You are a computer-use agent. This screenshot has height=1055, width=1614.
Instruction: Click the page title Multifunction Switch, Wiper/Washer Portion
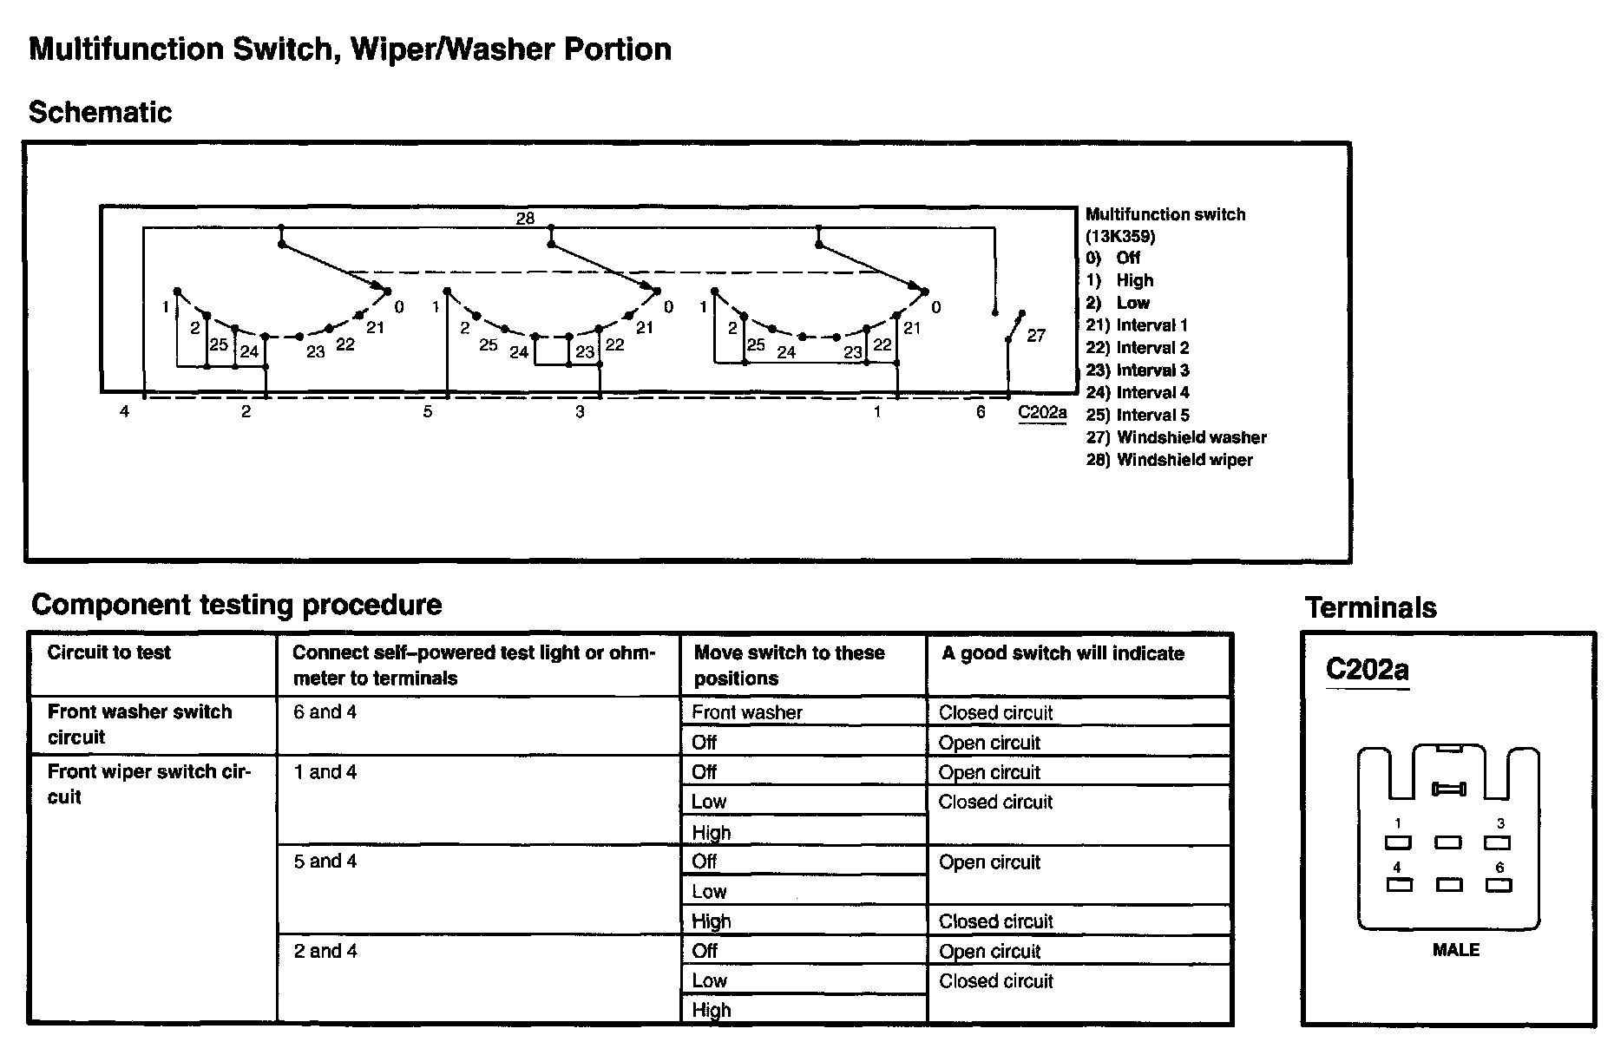[350, 49]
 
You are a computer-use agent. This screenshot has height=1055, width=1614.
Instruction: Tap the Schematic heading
[100, 112]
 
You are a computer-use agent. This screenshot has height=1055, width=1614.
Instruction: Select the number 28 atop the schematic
[525, 218]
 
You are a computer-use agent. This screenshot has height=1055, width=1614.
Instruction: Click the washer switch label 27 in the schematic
[1036, 335]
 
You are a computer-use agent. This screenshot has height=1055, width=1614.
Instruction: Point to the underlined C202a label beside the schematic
[1042, 412]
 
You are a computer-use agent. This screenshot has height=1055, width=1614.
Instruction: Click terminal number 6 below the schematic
[981, 412]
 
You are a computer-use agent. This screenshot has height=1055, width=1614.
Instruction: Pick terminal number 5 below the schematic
[428, 412]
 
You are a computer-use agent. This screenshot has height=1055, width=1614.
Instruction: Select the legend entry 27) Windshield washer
[1176, 437]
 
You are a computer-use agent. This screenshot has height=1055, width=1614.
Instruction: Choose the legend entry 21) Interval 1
[1137, 325]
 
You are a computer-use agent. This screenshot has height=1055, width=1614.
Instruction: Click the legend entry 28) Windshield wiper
[1169, 460]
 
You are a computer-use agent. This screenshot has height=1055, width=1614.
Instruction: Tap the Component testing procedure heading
[236, 604]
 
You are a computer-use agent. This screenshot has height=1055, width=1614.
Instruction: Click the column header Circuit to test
[108, 652]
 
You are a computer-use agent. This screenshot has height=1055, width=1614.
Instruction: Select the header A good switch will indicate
[1063, 653]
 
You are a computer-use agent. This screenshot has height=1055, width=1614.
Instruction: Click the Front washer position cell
[747, 712]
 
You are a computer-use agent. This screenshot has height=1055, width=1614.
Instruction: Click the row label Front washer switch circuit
[140, 724]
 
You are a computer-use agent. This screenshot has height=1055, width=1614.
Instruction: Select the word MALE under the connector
[1455, 950]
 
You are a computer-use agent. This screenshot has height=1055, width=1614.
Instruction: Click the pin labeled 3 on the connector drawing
[1498, 842]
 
